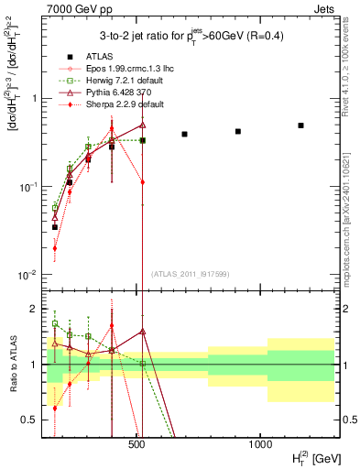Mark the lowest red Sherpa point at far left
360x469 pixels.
55,247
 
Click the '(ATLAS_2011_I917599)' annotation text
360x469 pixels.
191,273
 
